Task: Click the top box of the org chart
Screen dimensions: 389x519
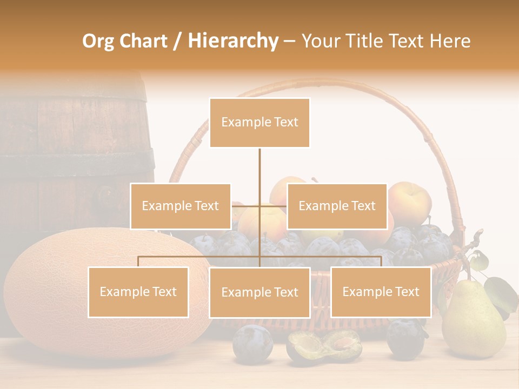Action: point(259,123)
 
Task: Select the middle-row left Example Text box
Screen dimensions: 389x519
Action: point(180,206)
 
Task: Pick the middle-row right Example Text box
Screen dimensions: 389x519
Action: point(337,206)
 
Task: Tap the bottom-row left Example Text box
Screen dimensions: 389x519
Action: point(138,292)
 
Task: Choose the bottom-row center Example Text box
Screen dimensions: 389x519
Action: point(259,292)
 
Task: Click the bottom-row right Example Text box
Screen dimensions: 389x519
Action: point(381,292)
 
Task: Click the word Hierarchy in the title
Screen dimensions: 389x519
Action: point(233,41)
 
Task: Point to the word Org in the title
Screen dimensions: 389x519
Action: point(99,41)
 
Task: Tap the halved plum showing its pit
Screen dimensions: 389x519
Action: point(324,346)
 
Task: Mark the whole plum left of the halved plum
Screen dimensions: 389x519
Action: point(252,343)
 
